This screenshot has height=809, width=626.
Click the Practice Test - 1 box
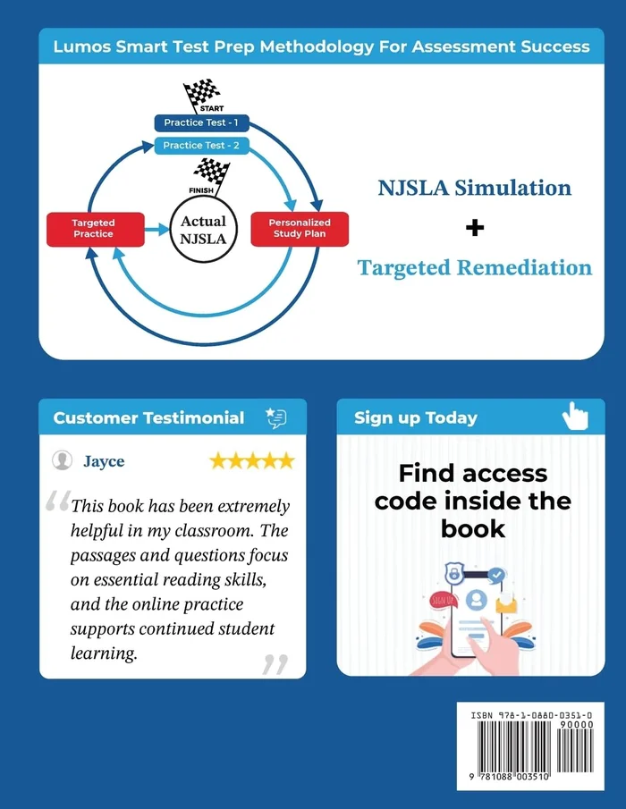(x=200, y=122)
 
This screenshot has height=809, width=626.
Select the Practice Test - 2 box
(x=200, y=145)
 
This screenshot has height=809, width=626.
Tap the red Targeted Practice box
(x=93, y=228)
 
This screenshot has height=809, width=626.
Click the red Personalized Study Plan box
(x=300, y=228)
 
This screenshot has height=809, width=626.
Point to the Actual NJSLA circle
(x=203, y=230)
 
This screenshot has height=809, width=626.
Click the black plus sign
(x=475, y=228)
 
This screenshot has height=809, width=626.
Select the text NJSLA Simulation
(x=475, y=188)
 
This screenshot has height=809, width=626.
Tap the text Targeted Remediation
(x=475, y=267)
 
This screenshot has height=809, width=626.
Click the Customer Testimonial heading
(x=148, y=417)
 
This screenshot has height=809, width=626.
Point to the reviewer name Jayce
(x=104, y=461)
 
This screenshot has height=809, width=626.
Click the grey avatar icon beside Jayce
(x=63, y=460)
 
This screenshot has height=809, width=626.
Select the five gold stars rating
(x=251, y=461)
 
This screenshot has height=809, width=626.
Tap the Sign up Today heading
(x=416, y=417)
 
